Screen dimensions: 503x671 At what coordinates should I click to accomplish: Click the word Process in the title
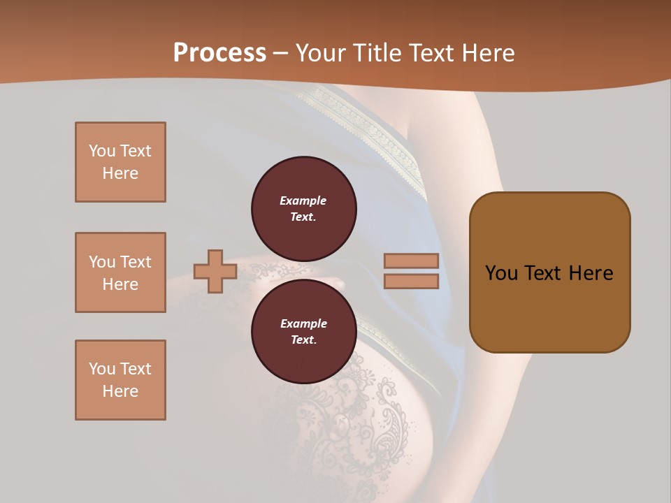(219, 53)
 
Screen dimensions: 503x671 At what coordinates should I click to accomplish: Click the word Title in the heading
(377, 53)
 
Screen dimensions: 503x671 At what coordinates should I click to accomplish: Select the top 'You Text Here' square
(120, 162)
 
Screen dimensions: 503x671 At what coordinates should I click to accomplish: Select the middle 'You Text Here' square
(120, 272)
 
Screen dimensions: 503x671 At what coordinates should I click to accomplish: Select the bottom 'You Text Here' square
(120, 380)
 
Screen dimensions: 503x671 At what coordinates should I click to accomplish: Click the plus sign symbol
(215, 271)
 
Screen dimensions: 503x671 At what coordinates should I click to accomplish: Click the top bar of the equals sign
(411, 261)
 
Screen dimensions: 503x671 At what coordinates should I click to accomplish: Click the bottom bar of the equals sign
(411, 281)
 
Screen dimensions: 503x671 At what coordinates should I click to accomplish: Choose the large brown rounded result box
(549, 272)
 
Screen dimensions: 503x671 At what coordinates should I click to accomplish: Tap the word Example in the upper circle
(303, 201)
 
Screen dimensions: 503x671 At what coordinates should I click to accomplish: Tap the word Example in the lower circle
(303, 324)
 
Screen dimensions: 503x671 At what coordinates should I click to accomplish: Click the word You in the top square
(102, 151)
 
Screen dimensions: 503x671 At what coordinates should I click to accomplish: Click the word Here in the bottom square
(120, 392)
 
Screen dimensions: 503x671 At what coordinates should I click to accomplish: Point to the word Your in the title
(322, 53)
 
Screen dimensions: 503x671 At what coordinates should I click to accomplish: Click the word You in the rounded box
(501, 273)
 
